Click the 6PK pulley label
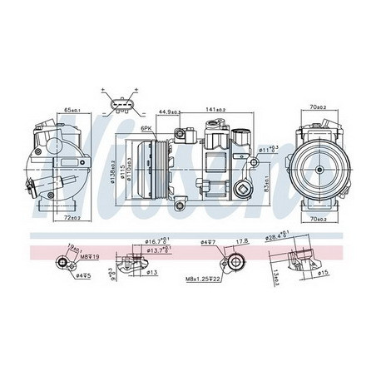146,129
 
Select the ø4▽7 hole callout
208,242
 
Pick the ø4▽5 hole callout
82,275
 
